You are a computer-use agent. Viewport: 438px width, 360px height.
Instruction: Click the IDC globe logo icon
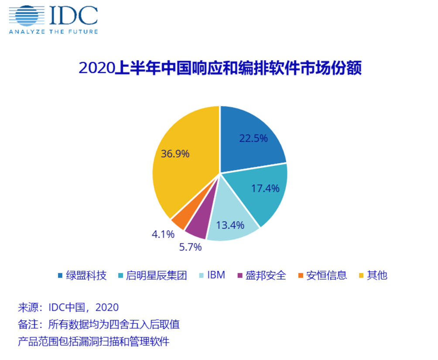point(27,16)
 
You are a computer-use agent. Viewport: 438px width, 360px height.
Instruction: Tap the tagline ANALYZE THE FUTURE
point(53,31)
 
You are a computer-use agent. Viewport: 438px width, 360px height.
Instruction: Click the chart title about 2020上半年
point(220,69)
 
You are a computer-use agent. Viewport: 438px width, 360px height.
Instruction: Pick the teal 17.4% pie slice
point(262,192)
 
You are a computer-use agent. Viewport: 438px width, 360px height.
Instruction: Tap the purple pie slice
point(196,227)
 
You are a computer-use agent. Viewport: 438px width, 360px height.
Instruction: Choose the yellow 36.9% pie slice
point(183,161)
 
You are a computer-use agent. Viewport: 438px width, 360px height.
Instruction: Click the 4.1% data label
point(163,234)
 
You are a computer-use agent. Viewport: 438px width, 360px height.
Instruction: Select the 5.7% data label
point(190,247)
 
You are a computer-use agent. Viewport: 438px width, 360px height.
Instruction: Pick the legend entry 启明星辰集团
point(152,275)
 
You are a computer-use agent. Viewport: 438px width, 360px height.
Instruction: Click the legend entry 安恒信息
point(322,275)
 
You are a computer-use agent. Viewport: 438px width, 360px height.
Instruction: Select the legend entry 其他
point(373,275)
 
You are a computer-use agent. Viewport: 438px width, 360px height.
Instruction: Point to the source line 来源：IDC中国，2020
point(68,307)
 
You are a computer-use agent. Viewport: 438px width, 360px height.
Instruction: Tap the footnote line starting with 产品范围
point(93,341)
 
